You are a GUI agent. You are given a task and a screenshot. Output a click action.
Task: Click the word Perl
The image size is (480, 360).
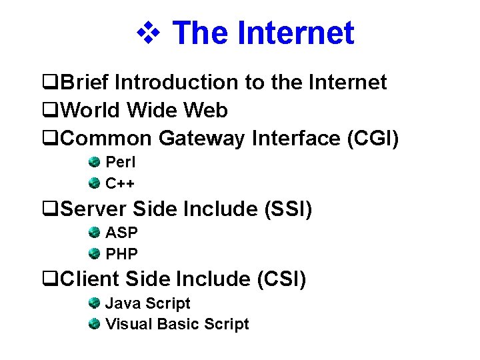click(120, 162)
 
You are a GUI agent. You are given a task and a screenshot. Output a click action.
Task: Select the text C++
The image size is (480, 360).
click(120, 183)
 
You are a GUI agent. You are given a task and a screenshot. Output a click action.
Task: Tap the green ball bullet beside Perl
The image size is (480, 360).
click(94, 162)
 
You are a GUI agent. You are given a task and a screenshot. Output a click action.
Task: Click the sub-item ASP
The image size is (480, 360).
click(121, 233)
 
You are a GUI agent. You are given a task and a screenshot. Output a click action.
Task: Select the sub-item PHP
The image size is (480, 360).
click(121, 254)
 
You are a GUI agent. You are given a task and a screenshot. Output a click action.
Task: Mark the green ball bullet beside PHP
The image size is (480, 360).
click(94, 253)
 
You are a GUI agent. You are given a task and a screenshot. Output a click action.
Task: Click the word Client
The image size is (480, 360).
click(90, 279)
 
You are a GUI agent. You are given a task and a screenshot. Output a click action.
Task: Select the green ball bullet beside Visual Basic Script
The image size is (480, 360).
click(94, 323)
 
